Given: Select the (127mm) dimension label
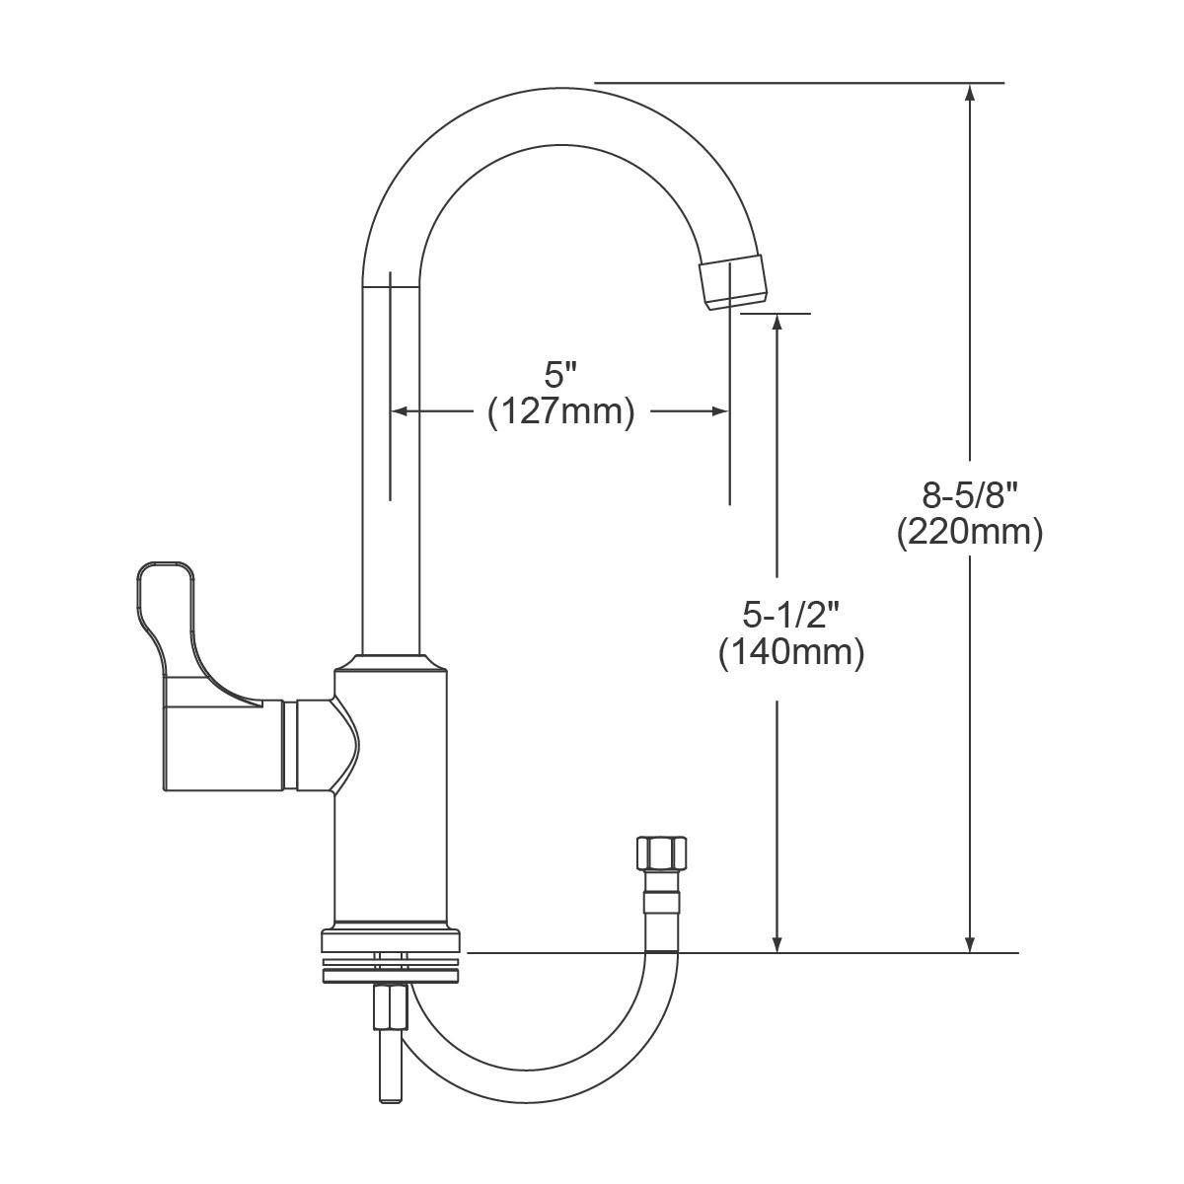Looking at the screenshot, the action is pyautogui.click(x=560, y=412).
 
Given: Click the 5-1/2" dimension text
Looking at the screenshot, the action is pyautogui.click(x=791, y=614).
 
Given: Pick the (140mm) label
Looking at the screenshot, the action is pyautogui.click(x=791, y=652).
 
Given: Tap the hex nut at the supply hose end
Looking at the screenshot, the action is pyautogui.click(x=662, y=852).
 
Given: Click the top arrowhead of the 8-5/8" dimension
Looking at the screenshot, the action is pyautogui.click(x=970, y=92).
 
